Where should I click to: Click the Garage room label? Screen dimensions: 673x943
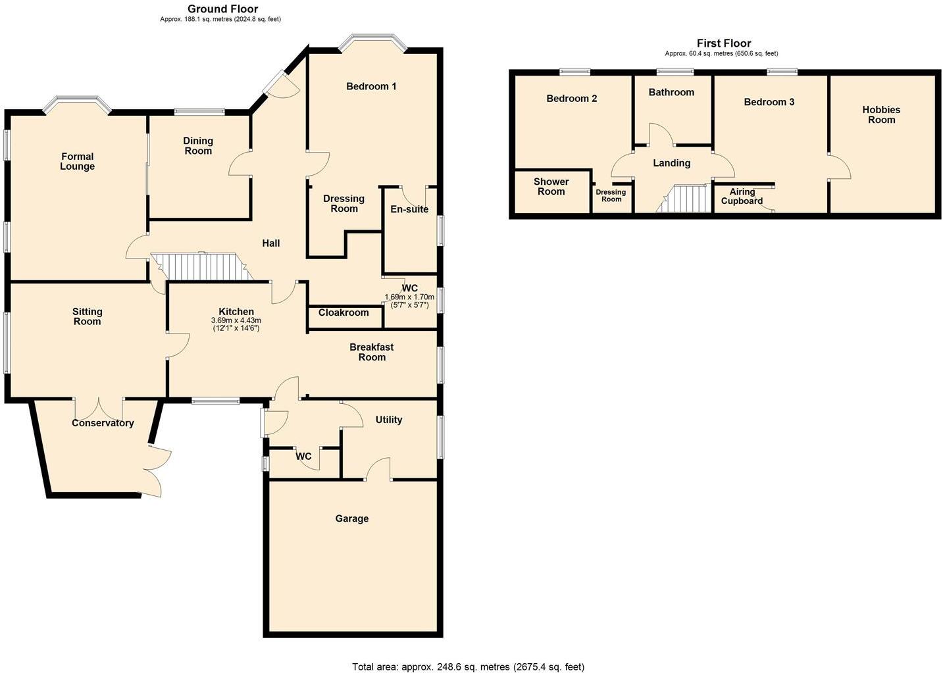point(351,518)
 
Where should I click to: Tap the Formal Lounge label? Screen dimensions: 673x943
point(78,161)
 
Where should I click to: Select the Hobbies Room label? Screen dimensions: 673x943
point(881,114)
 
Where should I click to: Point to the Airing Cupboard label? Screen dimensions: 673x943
point(742,197)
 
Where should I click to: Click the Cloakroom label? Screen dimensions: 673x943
point(344,312)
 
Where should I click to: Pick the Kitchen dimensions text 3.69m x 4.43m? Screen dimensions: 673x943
point(236,320)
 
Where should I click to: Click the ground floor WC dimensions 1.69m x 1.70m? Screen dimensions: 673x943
point(409,297)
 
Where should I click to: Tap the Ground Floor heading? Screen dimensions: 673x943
point(222,9)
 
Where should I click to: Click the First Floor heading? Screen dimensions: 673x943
point(724,43)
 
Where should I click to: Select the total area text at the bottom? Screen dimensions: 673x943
point(468,666)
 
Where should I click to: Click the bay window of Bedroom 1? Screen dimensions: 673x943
point(372,42)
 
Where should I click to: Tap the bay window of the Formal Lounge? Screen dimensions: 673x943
point(77,104)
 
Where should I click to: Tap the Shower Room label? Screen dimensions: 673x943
point(551,187)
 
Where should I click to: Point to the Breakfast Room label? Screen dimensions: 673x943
point(371,352)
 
